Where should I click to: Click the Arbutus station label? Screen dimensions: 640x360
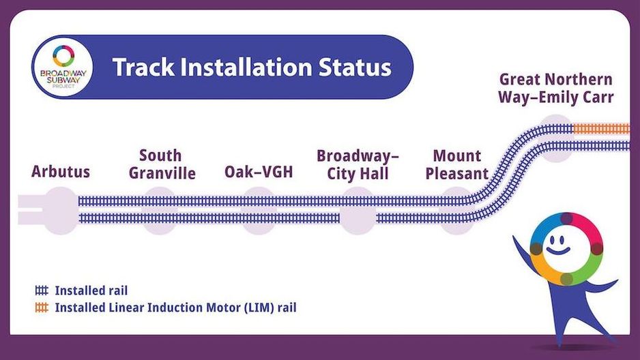pos(61,172)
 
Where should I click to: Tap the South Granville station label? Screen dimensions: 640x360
pos(162,164)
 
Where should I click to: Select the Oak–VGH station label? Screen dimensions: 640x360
pos(259,172)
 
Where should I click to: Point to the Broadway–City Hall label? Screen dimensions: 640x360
pos(358,165)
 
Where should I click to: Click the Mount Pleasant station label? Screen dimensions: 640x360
pos(456,165)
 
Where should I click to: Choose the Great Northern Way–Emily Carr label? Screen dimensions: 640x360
pos(555,88)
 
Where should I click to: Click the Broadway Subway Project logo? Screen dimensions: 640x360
pos(63,67)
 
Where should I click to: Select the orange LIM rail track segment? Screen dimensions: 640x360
pos(602,129)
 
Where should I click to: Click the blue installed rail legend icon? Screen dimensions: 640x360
pos(42,290)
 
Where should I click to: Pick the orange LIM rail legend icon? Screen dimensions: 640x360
pos(42,307)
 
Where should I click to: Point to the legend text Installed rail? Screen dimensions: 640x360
pos(91,290)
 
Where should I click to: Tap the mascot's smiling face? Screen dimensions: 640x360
pos(559,244)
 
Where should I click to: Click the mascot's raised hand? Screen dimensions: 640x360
pos(517,241)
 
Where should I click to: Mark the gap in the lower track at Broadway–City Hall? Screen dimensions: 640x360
pos(358,219)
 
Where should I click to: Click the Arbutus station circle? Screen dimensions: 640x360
pos(61,211)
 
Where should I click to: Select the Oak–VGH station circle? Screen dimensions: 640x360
pos(259,211)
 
